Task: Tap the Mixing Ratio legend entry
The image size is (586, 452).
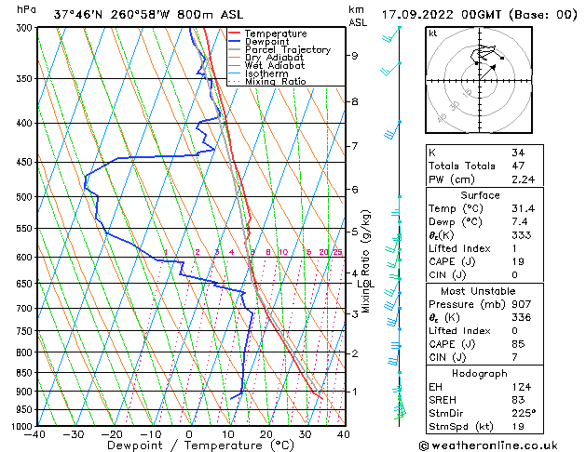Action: coord(276,82)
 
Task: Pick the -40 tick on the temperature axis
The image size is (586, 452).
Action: coord(36,434)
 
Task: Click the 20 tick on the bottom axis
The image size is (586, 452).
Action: coord(266,434)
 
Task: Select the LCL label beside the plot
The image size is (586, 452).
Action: coord(365,284)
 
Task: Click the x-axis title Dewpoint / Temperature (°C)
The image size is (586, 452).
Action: coord(189,445)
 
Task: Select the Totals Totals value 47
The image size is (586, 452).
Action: coord(517,166)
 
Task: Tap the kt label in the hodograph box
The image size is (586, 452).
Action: coord(432,33)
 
